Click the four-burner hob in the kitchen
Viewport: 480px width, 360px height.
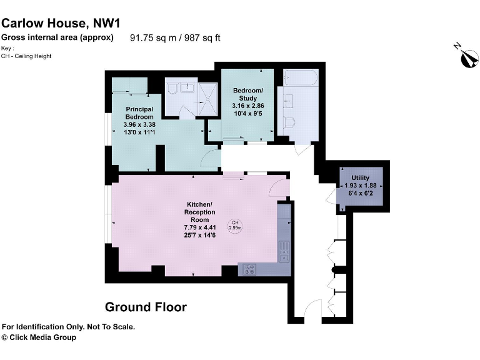[x=249, y=269]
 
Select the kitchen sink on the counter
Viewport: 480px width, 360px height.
[x=284, y=249]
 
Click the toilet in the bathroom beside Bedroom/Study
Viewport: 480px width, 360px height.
[x=288, y=122]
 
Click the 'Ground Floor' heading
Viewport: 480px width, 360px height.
[x=146, y=307]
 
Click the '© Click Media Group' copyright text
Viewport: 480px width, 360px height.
[x=39, y=337]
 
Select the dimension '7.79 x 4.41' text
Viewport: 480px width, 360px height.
[x=199, y=227]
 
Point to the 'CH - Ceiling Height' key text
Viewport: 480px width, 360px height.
[x=26, y=56]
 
